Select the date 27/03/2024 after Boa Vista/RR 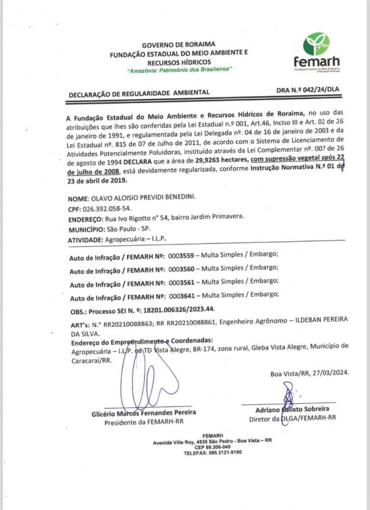(x=331, y=373)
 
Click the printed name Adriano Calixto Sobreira (x=292, y=409)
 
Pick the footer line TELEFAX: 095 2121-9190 (x=212, y=452)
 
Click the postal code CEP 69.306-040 (x=212, y=446)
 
